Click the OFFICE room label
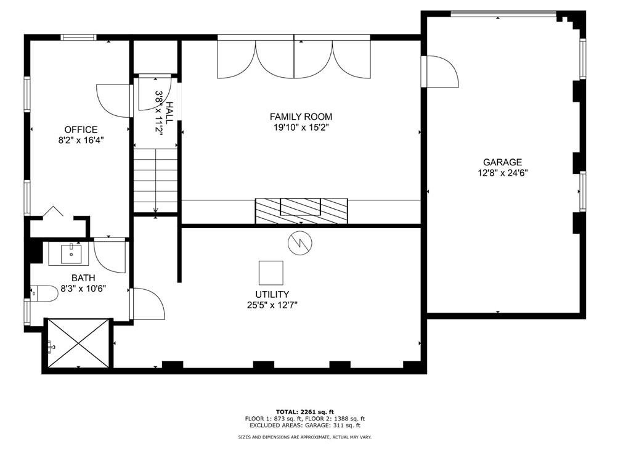[x=81, y=130]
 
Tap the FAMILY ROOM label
[x=301, y=117]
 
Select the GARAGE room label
[x=503, y=162]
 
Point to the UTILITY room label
[x=272, y=295]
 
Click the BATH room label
[x=83, y=278]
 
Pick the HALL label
[x=169, y=113]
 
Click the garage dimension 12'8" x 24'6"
[x=503, y=173]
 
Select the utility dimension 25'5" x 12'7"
[x=272, y=305]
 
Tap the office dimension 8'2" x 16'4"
[x=81, y=141]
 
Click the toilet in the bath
[x=44, y=293]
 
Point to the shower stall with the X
[x=78, y=343]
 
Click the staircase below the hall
[x=156, y=180]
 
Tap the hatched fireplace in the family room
[x=301, y=211]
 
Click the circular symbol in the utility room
[x=300, y=242]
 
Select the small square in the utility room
[x=271, y=273]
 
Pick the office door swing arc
[x=114, y=101]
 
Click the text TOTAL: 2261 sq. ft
[x=304, y=412]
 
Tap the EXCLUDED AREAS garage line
[x=304, y=425]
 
